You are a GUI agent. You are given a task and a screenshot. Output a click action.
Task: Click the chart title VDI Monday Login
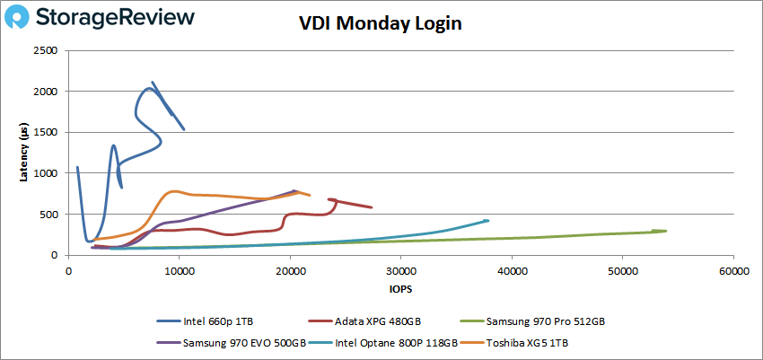click(x=381, y=24)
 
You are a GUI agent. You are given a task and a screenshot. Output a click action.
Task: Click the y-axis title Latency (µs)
click(x=24, y=154)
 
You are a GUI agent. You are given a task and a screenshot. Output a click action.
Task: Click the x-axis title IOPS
click(x=400, y=290)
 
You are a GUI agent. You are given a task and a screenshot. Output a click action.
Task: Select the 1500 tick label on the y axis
click(x=45, y=132)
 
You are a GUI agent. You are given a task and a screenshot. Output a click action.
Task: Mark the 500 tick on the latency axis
click(x=48, y=214)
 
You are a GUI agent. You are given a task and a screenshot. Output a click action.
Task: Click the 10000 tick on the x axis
click(x=180, y=269)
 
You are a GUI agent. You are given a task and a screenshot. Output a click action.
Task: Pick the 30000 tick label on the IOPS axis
click(x=400, y=269)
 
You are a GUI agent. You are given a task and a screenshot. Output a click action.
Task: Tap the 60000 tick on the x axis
click(x=732, y=269)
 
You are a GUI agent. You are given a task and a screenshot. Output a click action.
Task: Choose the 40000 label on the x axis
click(x=512, y=269)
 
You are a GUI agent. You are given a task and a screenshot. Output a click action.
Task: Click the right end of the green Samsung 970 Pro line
click(x=665, y=231)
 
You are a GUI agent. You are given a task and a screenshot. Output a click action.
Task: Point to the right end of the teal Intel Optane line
click(x=487, y=220)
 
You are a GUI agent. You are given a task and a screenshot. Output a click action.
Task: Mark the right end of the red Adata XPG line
click(x=372, y=207)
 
